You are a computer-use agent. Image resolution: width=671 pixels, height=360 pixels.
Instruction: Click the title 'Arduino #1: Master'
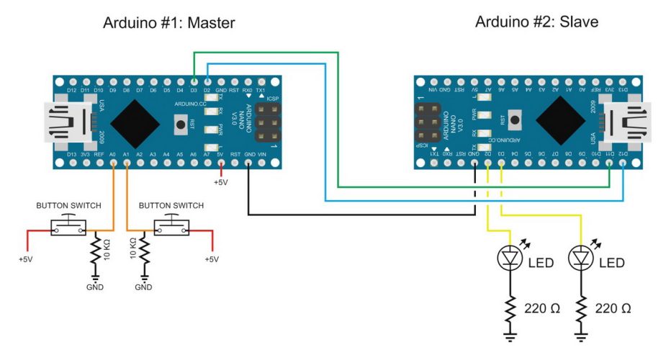171,23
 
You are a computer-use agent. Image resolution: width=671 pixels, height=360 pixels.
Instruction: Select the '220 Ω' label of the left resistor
544,308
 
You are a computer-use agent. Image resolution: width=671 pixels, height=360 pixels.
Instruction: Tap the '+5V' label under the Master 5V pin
221,183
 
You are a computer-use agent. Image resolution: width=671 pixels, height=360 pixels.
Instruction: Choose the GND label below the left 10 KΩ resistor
94,287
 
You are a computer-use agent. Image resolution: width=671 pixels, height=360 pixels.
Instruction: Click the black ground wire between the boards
360,214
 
